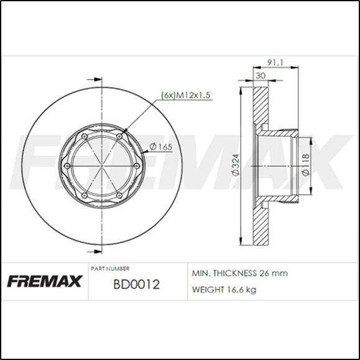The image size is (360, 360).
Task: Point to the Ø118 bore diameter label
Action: click(x=306, y=165)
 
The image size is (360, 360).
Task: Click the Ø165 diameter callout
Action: click(x=161, y=147)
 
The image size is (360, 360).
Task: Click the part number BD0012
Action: click(x=136, y=285)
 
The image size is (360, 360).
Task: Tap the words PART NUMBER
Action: click(x=110, y=269)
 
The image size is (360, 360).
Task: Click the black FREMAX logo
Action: click(x=45, y=282)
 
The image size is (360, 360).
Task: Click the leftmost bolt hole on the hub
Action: click(x=67, y=165)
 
